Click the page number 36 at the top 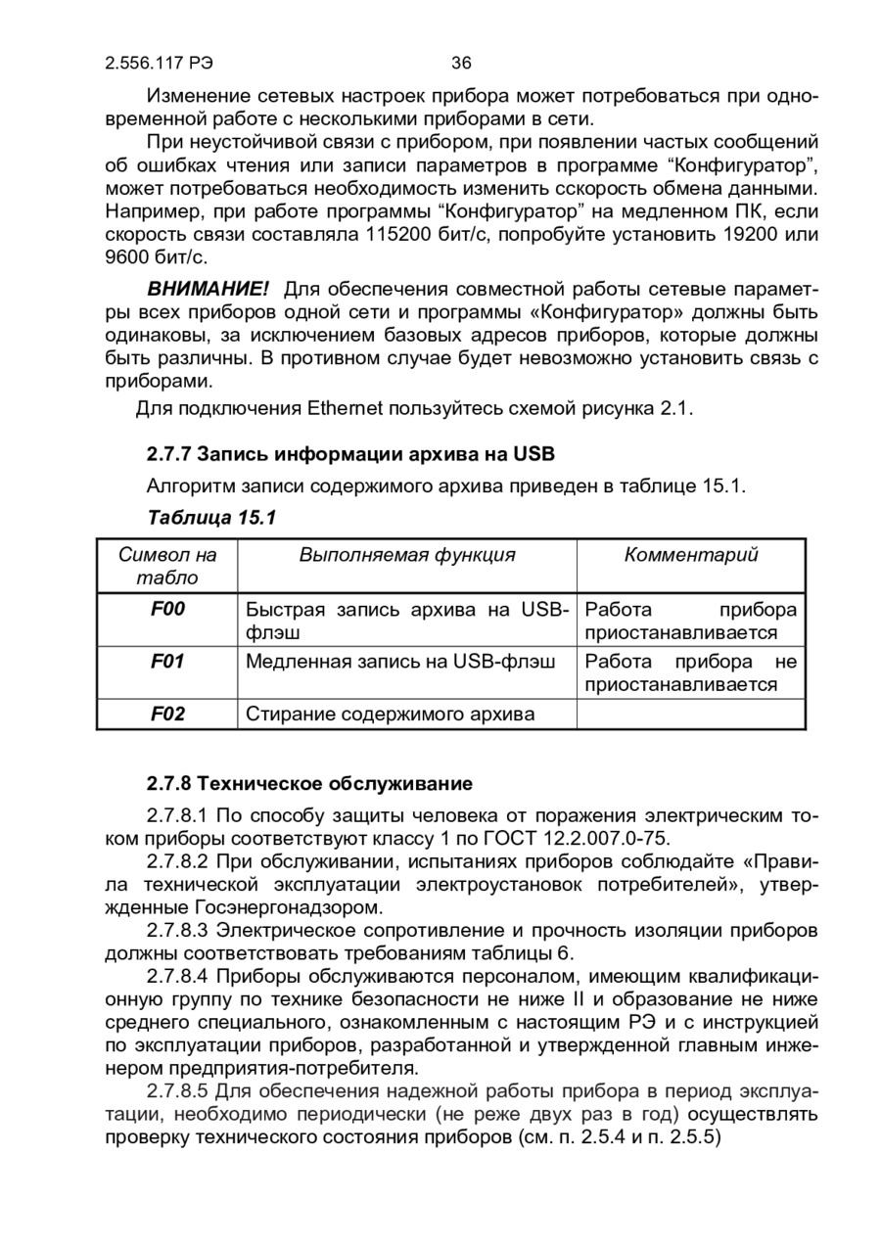(x=462, y=64)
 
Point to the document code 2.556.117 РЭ (x=159, y=64)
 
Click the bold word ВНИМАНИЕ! (x=208, y=290)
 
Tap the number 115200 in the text (x=405, y=235)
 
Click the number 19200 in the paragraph (x=751, y=235)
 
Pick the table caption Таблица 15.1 (x=211, y=517)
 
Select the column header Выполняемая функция (x=406, y=555)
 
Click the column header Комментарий (x=691, y=555)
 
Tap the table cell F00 (x=167, y=610)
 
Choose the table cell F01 (x=167, y=662)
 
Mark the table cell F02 (x=167, y=714)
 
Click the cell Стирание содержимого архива (x=391, y=714)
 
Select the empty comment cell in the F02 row (x=691, y=714)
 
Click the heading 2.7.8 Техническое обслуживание (x=310, y=784)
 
